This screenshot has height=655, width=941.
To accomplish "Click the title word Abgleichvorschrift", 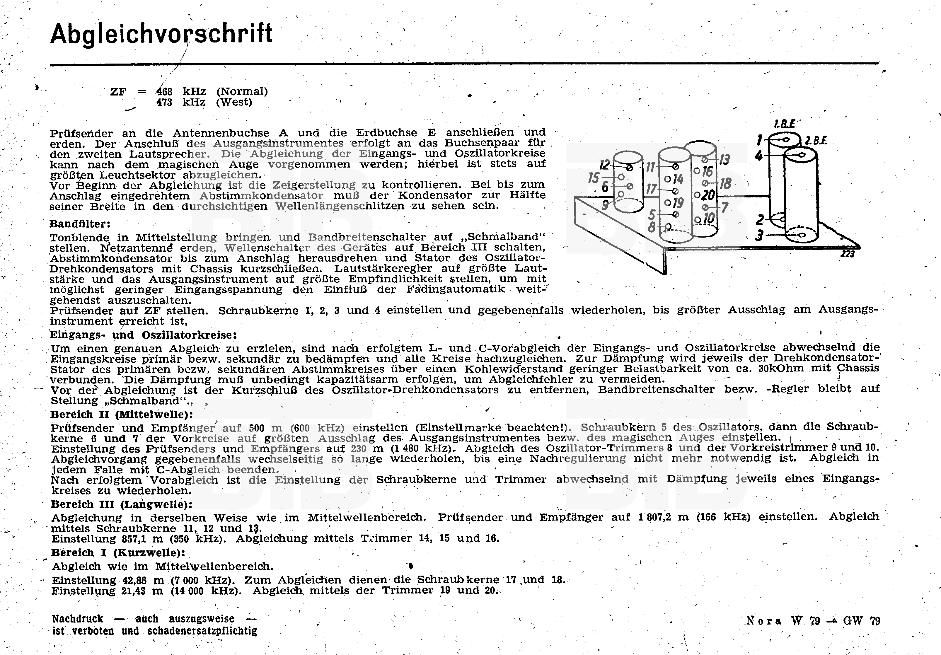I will [161, 34].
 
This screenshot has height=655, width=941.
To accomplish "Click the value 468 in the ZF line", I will [164, 91].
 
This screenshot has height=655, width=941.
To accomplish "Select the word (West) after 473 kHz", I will [234, 102].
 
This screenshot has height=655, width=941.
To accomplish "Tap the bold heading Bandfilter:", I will [80, 224].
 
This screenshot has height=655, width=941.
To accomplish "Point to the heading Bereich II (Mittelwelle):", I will [122, 415].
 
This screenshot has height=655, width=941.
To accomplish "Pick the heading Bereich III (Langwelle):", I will [122, 504].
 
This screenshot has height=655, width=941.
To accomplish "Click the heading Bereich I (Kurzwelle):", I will [118, 552].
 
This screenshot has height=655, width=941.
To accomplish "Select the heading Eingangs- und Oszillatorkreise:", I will [144, 335].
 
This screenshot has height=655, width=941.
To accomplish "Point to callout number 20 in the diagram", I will [708, 195].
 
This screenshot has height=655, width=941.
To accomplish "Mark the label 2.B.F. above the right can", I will [816, 141].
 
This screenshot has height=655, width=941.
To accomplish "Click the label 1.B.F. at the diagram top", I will [785, 124].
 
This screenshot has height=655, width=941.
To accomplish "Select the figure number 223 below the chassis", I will [847, 254].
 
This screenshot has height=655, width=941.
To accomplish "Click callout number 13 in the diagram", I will [724, 159].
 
